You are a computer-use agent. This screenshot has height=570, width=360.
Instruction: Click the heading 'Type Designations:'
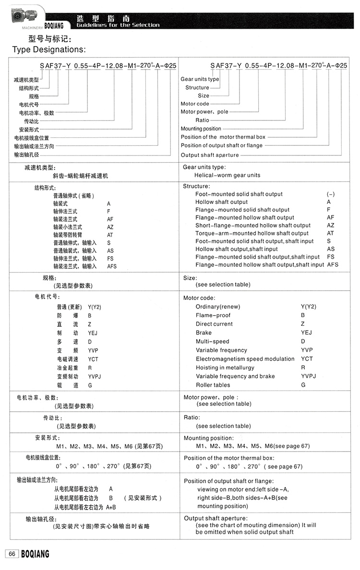tap(49, 49)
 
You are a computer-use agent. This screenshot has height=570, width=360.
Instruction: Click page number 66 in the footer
tap(12, 554)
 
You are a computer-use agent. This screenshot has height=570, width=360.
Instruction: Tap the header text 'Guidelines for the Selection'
tap(118, 25)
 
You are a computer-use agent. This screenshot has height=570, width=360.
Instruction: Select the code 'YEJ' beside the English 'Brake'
tap(306, 332)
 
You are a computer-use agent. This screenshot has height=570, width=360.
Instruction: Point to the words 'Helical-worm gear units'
tap(228, 175)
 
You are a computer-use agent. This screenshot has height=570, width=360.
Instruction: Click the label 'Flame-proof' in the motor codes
tap(213, 315)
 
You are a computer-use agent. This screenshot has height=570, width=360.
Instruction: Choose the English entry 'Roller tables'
tap(213, 385)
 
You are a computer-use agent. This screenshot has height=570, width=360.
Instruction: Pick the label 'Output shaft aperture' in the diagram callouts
tap(210, 155)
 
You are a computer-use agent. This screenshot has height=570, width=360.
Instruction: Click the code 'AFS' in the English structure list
tap(333, 264)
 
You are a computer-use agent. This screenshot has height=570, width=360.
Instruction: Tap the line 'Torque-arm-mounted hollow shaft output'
tap(252, 233)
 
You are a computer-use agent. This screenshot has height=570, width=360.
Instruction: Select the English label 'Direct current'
tap(214, 324)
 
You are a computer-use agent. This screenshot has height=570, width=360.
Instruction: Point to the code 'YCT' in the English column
tap(307, 358)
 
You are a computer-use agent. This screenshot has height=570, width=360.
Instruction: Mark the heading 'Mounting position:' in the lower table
tap(208, 438)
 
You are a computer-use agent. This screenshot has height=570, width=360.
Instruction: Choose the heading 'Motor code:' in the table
tap(199, 298)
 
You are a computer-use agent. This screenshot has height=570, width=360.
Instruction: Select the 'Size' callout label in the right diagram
tap(204, 95)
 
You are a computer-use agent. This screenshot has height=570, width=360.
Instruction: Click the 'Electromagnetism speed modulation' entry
tap(245, 359)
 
